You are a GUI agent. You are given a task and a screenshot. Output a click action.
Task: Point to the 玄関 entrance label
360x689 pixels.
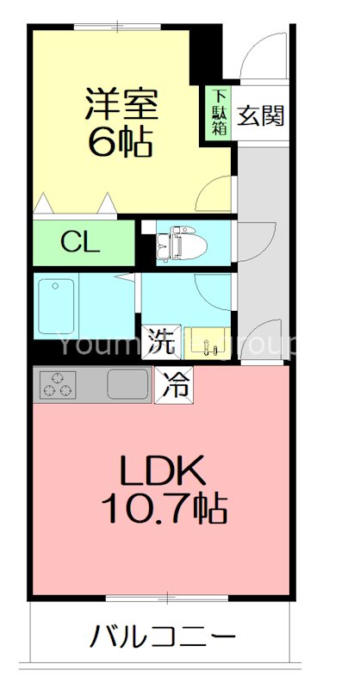pyautogui.click(x=260, y=115)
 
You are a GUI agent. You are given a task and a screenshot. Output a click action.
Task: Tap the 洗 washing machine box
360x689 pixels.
pyautogui.click(x=158, y=342)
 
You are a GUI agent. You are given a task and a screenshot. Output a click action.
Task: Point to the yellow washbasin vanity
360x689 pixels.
pyautogui.click(x=207, y=342)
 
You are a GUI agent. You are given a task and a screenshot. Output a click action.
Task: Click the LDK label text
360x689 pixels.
pyautogui.click(x=162, y=472)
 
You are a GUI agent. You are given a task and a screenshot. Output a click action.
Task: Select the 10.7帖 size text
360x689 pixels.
pyautogui.click(x=162, y=510)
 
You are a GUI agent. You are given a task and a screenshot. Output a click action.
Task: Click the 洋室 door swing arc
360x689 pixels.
pyautogui.click(x=215, y=195)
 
